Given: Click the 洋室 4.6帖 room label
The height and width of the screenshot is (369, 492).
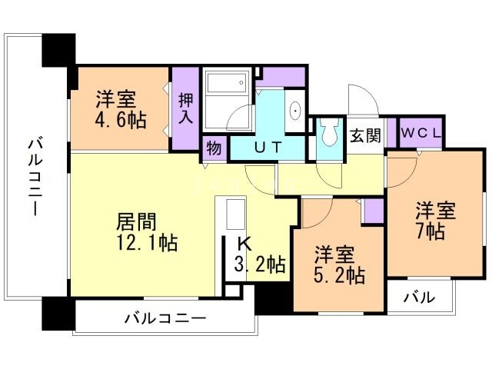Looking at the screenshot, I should [x=116, y=110].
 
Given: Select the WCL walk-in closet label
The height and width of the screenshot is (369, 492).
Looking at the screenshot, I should [x=421, y=132].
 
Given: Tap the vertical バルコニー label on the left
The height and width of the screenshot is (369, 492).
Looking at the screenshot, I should [x=35, y=178].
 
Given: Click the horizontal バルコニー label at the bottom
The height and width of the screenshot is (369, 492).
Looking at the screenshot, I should [x=165, y=317].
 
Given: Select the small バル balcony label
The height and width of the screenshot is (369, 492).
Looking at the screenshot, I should [x=420, y=298].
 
